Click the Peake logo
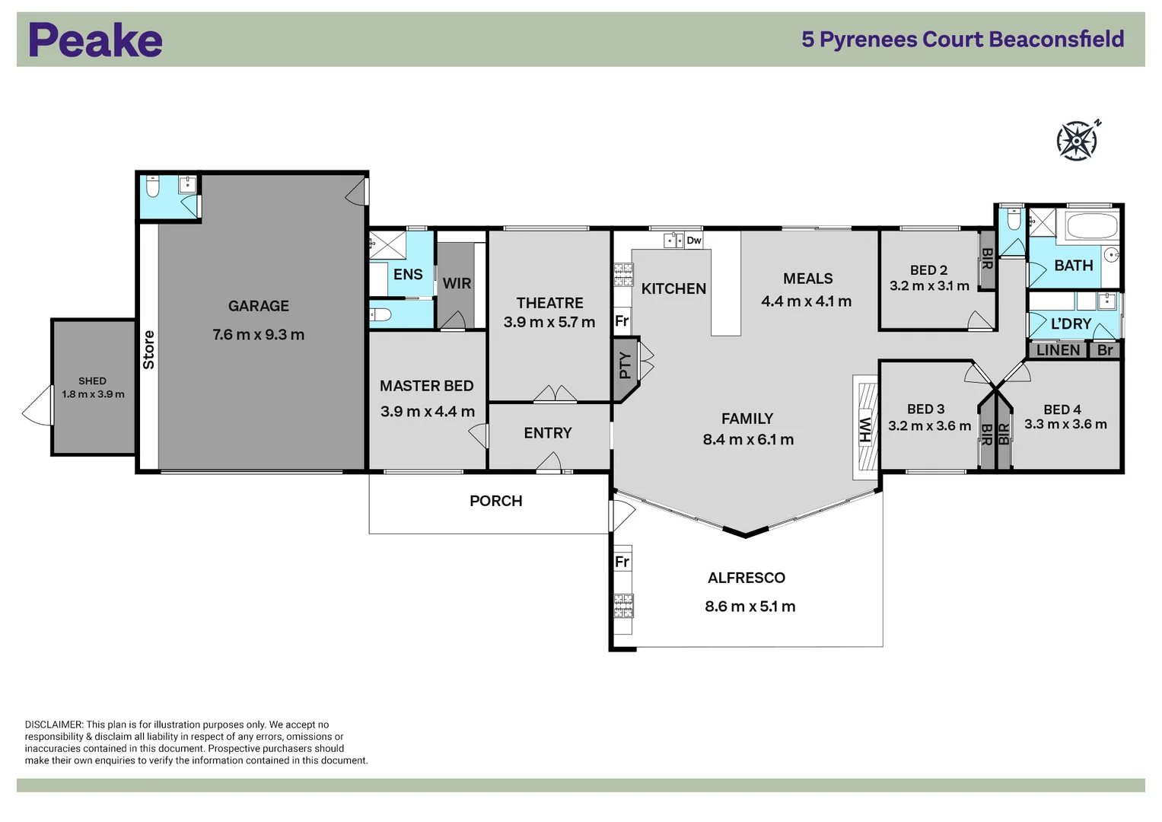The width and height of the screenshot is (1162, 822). (x=95, y=40)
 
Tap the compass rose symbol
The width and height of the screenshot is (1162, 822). (x=1077, y=141)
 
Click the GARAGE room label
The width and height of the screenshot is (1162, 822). (x=259, y=306)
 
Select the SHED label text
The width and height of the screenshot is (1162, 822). (x=92, y=381)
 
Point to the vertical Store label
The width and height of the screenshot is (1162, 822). (x=149, y=350)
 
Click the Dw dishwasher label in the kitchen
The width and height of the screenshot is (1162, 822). (x=694, y=241)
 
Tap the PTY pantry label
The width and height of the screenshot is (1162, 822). (x=625, y=365)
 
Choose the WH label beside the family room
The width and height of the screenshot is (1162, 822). (x=865, y=430)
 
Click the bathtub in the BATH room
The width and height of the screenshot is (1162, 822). (x=1091, y=226)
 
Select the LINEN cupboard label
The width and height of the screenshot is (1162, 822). (x=1058, y=350)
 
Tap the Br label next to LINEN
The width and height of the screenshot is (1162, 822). (x=1105, y=350)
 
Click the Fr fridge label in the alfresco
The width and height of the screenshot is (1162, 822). (x=622, y=562)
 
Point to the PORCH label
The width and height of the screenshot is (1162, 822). (x=496, y=501)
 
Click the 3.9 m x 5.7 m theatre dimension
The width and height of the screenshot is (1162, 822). (x=549, y=322)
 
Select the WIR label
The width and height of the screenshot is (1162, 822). (x=457, y=283)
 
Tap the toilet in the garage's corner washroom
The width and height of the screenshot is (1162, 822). (x=152, y=187)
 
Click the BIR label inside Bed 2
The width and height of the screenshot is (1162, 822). (x=987, y=259)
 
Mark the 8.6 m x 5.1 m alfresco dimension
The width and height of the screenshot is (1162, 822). (x=750, y=607)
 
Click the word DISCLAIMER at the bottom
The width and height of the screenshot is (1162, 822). (x=53, y=725)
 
